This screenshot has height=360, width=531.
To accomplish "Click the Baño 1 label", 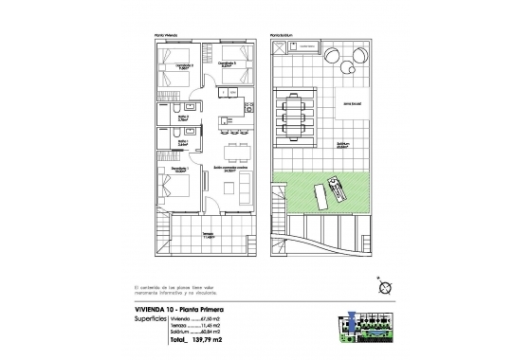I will point(180,144).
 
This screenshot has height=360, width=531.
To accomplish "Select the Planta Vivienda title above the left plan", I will point(165,34).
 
